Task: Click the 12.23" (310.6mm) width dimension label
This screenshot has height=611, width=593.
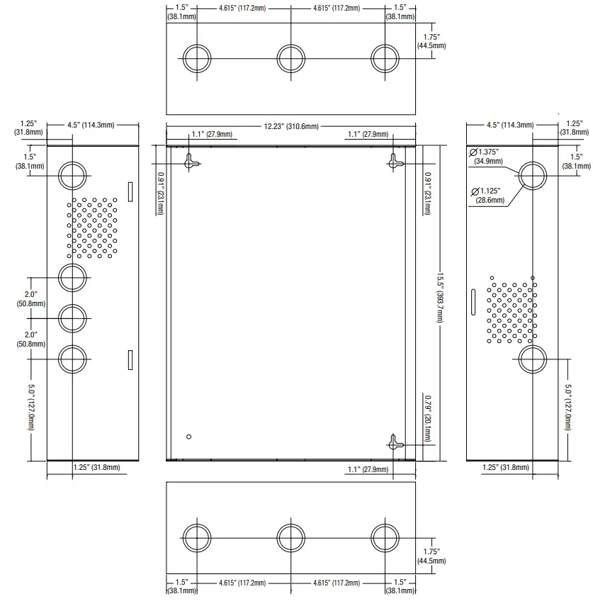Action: (291, 126)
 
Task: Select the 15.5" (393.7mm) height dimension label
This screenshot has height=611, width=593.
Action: (440, 297)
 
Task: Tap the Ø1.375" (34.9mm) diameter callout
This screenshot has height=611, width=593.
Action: (486, 156)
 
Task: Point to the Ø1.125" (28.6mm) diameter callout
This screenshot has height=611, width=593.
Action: (488, 195)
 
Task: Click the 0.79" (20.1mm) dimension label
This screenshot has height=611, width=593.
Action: (427, 418)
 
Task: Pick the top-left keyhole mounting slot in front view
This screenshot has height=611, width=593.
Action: (190, 162)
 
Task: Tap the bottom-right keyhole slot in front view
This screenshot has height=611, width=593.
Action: (395, 442)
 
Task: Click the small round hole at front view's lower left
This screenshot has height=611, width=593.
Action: (189, 437)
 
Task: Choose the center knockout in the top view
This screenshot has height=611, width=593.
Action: (291, 59)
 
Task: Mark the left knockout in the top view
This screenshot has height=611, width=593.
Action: (197, 59)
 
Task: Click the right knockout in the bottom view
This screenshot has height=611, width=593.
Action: (385, 538)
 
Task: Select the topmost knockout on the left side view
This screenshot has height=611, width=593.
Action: (72, 176)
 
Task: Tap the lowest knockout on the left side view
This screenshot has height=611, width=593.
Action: (72, 359)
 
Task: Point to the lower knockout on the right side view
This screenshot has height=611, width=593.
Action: (533, 359)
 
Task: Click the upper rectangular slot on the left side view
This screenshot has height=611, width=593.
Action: (130, 191)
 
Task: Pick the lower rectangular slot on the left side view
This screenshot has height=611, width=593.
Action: (130, 359)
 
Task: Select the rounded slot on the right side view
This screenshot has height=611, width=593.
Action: (473, 302)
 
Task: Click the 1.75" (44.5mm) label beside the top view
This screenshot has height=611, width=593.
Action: (431, 41)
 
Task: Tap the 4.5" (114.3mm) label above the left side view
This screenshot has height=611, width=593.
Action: (91, 125)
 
